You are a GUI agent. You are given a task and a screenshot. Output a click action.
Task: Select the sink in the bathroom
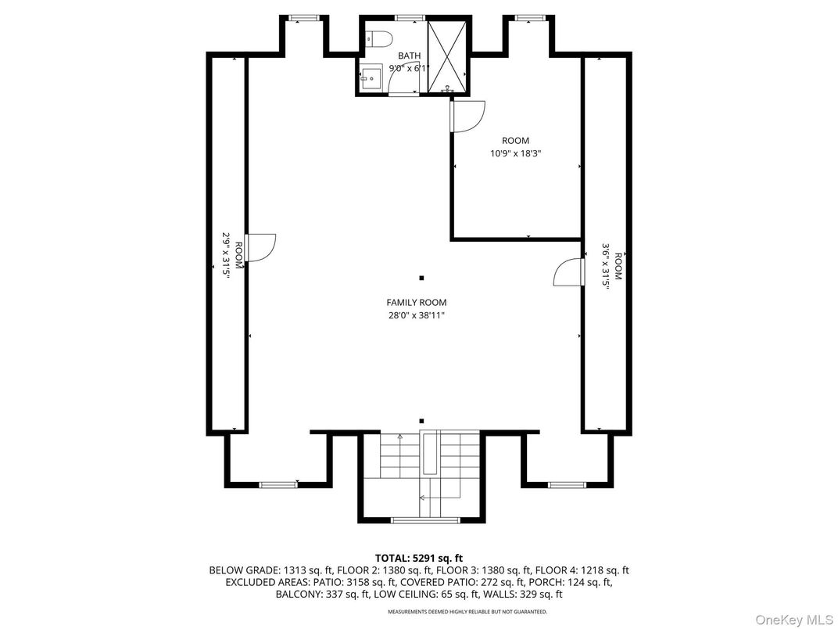click(x=369, y=77)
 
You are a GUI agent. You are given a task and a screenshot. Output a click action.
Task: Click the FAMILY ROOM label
click(x=417, y=303)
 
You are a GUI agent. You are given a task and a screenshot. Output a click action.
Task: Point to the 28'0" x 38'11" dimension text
click(x=417, y=316)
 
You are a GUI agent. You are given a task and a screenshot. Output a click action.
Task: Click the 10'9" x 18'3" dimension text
click(x=515, y=154)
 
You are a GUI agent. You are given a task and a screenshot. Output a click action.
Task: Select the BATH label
click(x=409, y=56)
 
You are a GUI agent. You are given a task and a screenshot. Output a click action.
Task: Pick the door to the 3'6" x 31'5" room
click(x=568, y=272)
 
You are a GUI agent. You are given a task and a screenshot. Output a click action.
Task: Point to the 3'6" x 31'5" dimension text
click(x=606, y=266)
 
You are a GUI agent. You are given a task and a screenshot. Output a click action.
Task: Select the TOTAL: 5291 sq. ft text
click(x=418, y=558)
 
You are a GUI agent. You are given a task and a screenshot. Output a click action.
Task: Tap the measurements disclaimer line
click(x=418, y=612)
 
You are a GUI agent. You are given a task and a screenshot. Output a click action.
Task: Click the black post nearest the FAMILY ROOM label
click(x=421, y=278)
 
